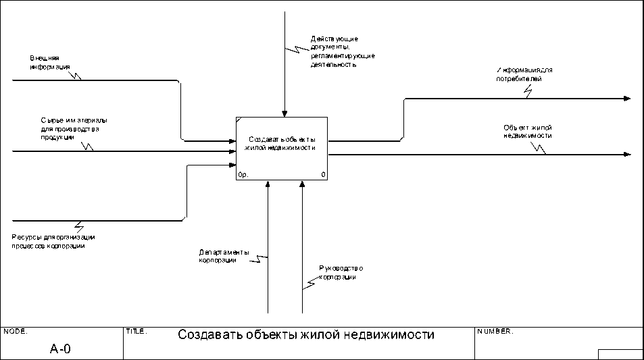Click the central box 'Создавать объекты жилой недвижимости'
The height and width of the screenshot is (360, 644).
[282, 148]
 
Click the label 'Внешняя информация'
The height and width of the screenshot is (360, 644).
[49, 62]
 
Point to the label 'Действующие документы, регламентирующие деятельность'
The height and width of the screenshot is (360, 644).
[343, 52]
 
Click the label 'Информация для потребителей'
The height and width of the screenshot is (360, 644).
[524, 74]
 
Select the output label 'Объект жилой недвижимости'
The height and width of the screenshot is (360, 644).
[528, 131]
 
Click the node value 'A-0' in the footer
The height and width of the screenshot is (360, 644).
[60, 349]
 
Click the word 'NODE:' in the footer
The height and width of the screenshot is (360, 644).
[16, 332]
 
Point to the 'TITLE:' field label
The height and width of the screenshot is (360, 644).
[137, 332]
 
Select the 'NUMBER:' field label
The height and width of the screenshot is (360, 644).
[495, 332]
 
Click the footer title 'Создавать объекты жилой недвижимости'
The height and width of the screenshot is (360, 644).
[305, 335]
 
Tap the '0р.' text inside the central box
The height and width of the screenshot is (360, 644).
[243, 175]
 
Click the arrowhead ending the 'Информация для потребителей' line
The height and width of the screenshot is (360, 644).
[626, 99]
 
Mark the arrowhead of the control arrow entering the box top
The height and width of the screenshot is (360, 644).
[285, 113]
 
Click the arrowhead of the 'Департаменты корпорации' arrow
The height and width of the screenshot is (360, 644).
[268, 184]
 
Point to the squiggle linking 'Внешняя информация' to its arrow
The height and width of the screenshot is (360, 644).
[77, 74]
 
